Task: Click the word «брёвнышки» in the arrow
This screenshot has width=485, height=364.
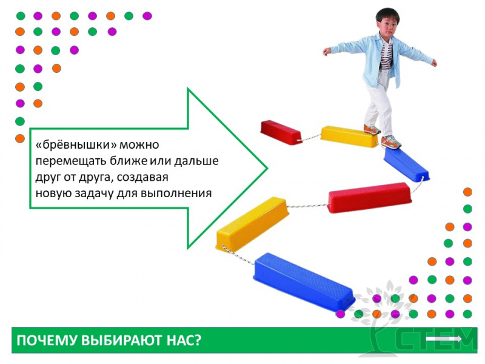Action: coord(78,144)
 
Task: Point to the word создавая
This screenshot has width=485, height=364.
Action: coord(142,177)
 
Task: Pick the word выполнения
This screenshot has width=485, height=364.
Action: coord(176,193)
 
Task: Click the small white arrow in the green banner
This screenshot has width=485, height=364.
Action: coord(444,339)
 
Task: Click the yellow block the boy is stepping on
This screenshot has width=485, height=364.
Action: coord(349,136)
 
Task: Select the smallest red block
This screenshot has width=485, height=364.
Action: coord(281,132)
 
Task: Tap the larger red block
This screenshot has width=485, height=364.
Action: coord(369,198)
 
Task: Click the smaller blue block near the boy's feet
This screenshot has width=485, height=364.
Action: coord(406,164)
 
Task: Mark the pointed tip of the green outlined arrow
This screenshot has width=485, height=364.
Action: coord(267,169)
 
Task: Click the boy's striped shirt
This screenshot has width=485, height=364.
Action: coord(387,56)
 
